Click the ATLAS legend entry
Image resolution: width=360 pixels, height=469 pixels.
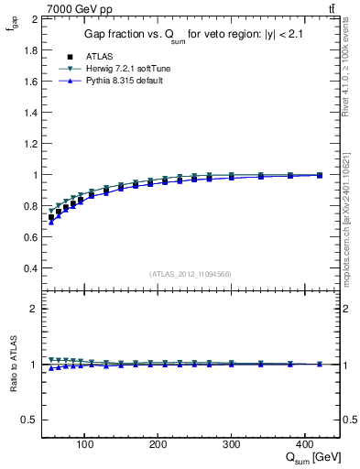coord(98,58)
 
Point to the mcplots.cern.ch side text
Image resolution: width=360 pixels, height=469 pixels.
coord(350,220)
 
